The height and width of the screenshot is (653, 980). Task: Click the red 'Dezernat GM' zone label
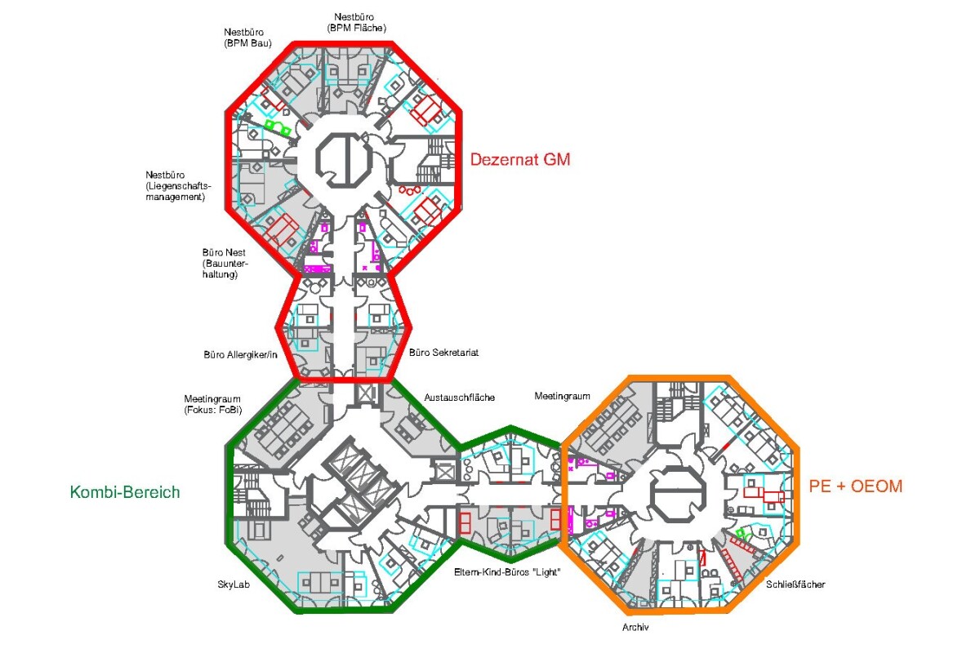520,160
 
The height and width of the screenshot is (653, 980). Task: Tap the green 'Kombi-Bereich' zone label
125,492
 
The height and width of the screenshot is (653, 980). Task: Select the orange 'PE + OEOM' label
856,486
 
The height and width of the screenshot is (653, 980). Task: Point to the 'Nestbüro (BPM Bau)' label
247,38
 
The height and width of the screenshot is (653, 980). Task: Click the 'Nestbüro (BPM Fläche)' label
357,22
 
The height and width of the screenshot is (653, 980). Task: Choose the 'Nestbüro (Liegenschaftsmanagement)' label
178,186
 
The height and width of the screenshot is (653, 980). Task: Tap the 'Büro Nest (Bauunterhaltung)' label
225,264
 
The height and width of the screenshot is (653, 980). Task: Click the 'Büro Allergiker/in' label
241,355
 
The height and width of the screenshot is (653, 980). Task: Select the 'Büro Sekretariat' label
443,353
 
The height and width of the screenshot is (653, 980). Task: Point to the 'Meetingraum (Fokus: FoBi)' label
212,404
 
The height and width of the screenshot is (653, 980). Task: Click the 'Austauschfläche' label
459,398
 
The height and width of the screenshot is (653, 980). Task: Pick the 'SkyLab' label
234,584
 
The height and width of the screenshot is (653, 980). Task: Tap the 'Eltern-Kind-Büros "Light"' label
507,572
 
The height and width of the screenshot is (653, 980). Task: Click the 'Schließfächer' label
795,584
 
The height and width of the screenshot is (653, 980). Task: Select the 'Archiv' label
635,627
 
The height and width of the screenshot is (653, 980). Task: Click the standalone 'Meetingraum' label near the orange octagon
562,396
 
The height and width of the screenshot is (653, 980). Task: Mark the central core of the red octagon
345,158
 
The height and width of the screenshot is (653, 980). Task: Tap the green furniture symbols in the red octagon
278,127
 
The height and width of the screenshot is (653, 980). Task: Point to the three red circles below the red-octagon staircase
410,191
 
